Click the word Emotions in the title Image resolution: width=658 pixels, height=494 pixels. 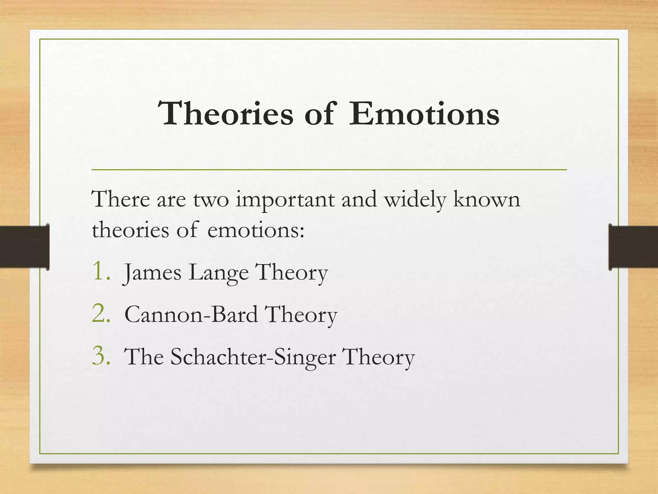pos(424,114)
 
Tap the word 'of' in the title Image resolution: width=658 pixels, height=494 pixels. pos(320,114)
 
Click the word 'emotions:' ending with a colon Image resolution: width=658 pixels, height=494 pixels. pos(256,231)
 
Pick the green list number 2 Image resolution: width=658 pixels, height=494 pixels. pos(101,313)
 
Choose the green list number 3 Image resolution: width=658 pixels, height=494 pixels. pos(101,356)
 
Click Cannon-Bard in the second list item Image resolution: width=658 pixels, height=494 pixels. pos(191,315)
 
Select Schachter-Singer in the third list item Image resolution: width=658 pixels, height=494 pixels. pos(253,357)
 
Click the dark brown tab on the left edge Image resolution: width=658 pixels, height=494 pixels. pos(24,247)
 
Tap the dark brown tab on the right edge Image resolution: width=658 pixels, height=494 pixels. pos(633,247)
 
